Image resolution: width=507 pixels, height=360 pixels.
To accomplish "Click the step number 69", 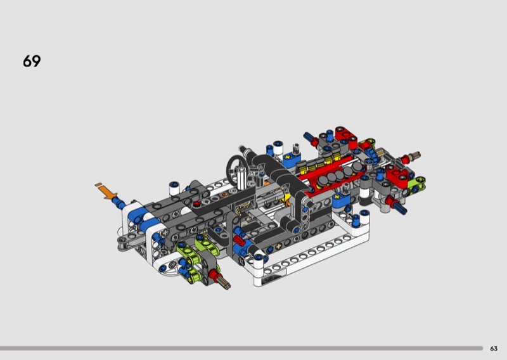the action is (32, 61).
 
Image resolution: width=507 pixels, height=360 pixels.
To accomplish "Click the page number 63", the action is (494, 349).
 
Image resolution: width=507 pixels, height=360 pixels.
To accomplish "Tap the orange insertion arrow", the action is (106, 191).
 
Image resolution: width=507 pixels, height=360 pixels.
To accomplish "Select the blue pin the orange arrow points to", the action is (119, 203).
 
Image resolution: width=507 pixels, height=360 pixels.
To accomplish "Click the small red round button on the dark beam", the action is (196, 204).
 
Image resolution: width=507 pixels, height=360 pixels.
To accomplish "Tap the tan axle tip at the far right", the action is (414, 155).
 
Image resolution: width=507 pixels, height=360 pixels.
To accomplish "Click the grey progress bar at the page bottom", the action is (241, 349).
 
